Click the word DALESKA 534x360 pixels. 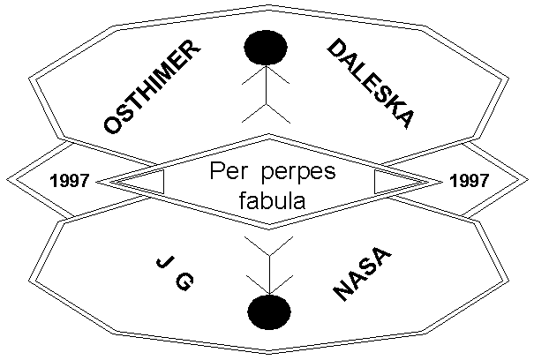(x=371, y=84)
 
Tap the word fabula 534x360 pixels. (x=272, y=199)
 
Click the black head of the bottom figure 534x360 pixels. (x=269, y=311)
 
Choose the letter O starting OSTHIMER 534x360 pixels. (x=113, y=124)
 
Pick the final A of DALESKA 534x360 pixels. (x=403, y=120)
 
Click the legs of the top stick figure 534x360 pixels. (x=267, y=110)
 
